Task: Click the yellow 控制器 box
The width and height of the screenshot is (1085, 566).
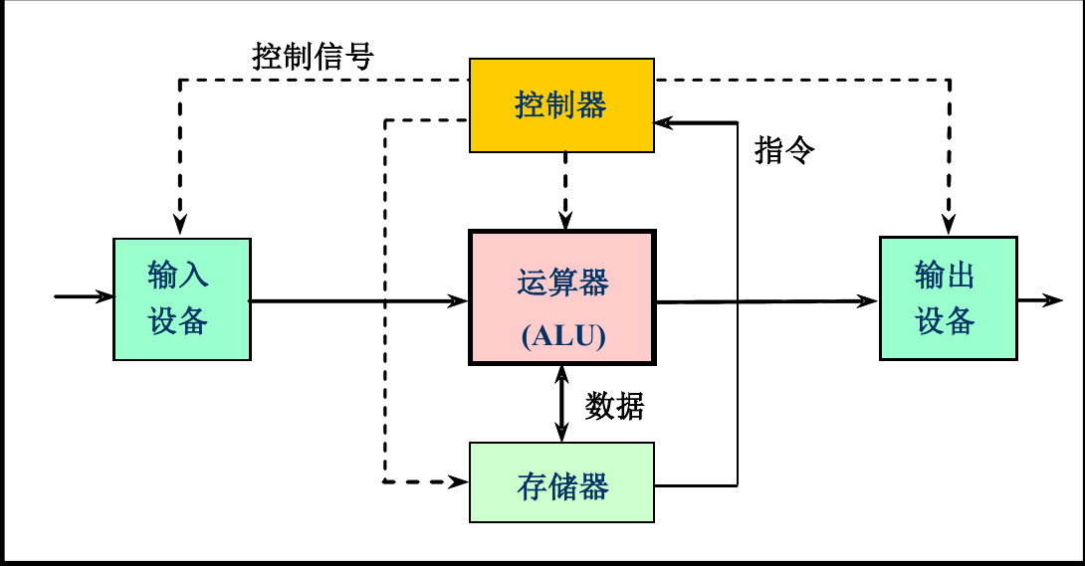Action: tap(561, 105)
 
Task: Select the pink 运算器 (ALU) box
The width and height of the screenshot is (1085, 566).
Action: tap(561, 298)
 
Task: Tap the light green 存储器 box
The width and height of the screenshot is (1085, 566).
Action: tap(561, 483)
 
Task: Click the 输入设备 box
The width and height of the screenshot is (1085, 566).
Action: tap(181, 298)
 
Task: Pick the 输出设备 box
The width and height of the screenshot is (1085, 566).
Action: tap(948, 298)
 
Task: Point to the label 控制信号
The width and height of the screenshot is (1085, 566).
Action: tap(313, 57)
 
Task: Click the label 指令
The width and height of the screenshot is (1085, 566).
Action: tap(784, 150)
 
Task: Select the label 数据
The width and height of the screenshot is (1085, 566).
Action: tap(614, 406)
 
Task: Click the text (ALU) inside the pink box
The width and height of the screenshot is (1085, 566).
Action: tap(562, 336)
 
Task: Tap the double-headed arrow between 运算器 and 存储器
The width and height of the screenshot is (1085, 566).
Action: tap(561, 403)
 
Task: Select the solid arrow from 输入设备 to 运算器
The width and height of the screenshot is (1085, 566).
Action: tap(358, 299)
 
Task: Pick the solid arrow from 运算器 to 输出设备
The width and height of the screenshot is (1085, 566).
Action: tap(766, 300)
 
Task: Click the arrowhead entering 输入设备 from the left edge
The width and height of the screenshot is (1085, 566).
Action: tap(103, 296)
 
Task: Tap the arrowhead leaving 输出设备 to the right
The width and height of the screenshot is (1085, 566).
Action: tap(1052, 299)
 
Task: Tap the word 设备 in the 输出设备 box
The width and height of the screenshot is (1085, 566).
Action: tap(946, 320)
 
